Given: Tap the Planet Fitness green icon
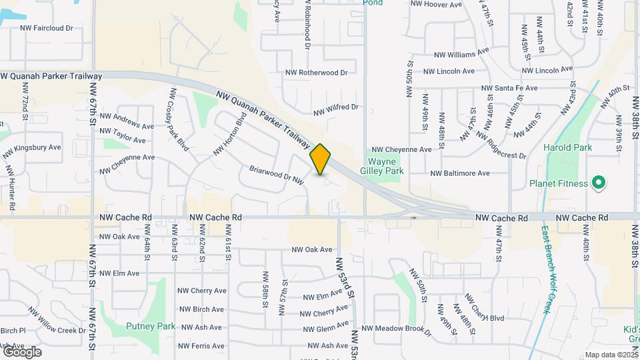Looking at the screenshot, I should [x=598, y=183].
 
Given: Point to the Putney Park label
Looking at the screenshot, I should [x=151, y=327].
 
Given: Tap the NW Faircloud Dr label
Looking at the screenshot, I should [x=47, y=29].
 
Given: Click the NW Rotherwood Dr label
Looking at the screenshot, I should [x=317, y=73].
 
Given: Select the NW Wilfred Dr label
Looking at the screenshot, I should [x=335, y=108].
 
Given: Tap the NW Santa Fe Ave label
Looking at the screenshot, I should [x=509, y=88].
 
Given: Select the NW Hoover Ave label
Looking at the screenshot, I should [x=436, y=4].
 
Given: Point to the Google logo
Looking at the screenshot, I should [x=21, y=351].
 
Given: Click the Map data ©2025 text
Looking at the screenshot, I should [x=610, y=355].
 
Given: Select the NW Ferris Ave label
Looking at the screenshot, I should [x=201, y=346].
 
